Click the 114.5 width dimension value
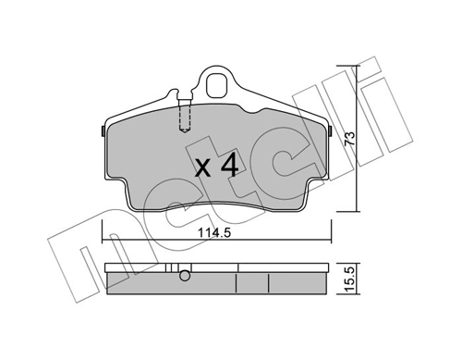click(213, 233)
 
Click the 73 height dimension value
click(349, 139)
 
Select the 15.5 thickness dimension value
click(349, 279)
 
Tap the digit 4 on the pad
click(230, 165)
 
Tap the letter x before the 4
click(203, 169)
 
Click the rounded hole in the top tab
click(217, 85)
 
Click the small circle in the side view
click(185, 276)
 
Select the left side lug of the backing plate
click(103, 131)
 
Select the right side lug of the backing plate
click(330, 131)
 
